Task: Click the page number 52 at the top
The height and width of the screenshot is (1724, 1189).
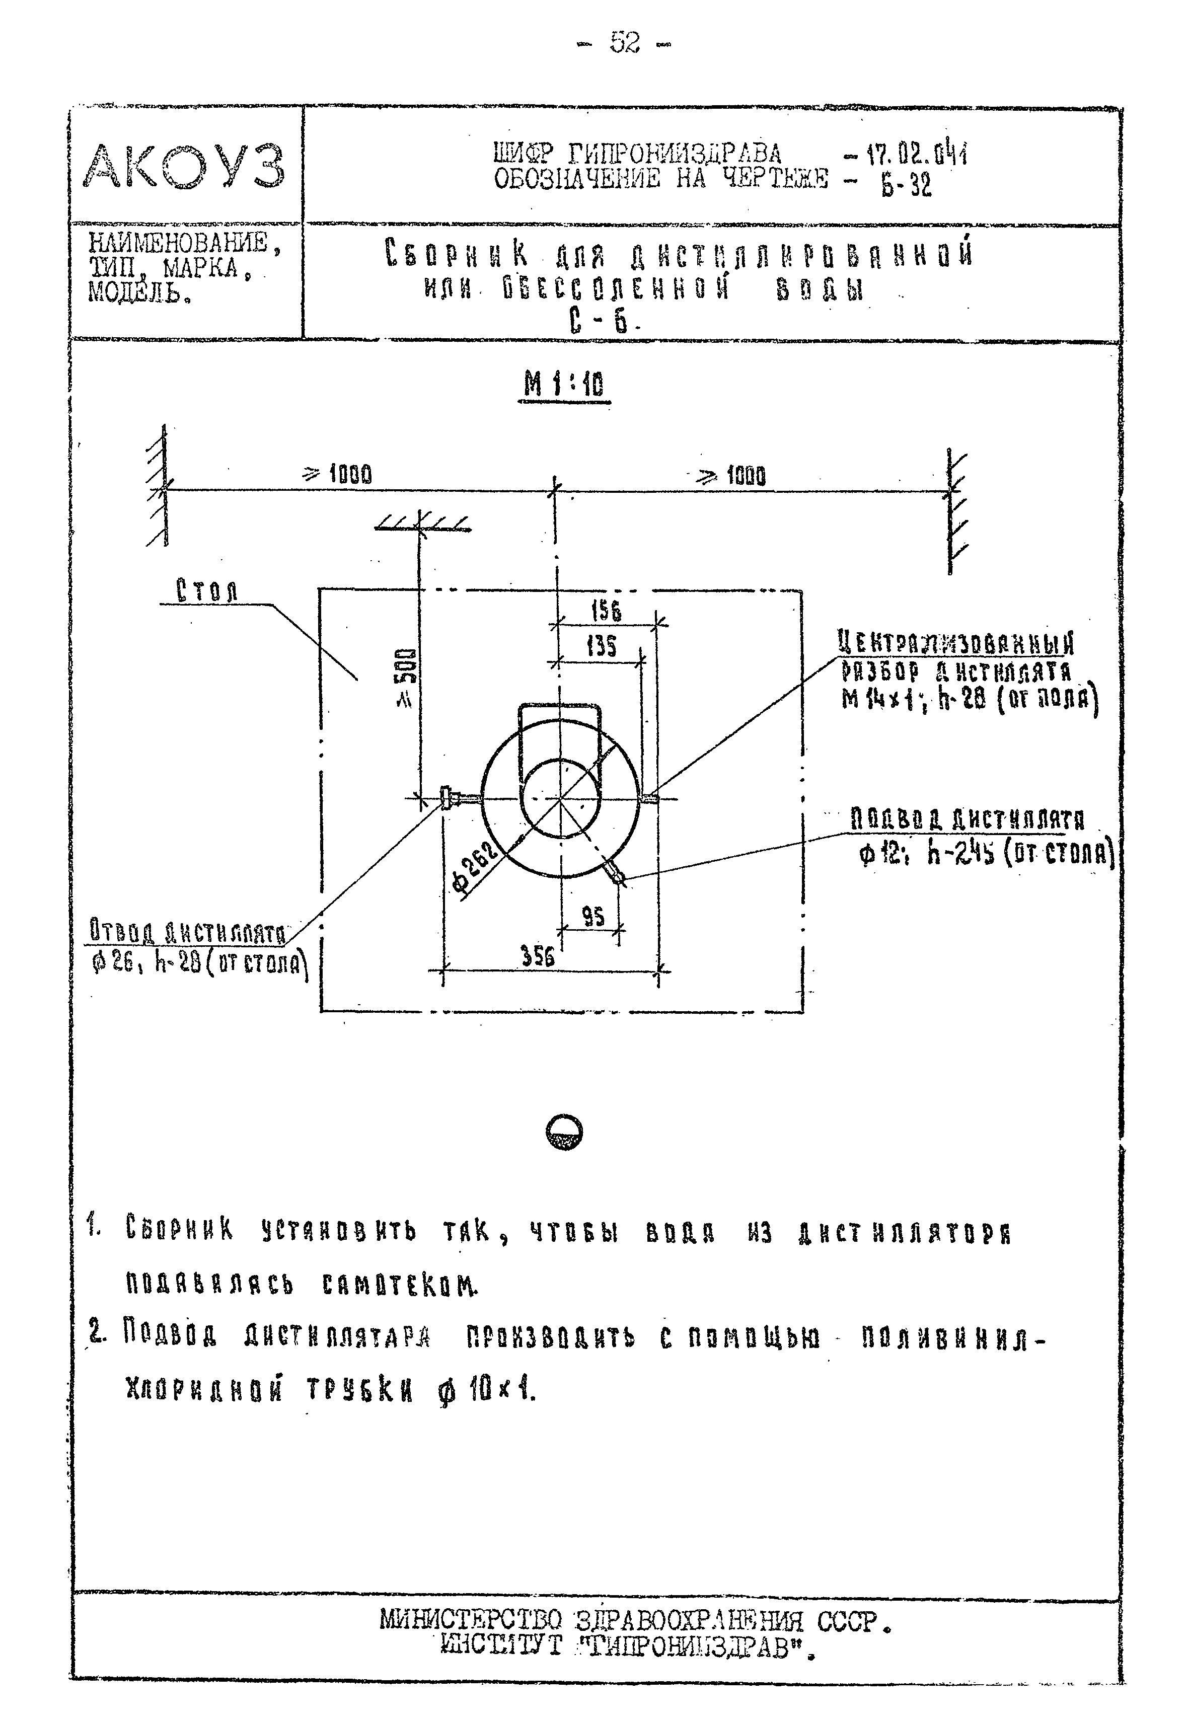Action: click(624, 43)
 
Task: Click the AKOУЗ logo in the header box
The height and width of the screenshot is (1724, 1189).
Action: click(184, 166)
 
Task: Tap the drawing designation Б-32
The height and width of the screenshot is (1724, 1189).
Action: click(907, 185)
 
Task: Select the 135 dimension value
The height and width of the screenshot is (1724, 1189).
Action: click(601, 646)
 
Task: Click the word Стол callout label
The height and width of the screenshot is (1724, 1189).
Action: click(206, 591)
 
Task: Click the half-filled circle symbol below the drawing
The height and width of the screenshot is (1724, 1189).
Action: click(564, 1133)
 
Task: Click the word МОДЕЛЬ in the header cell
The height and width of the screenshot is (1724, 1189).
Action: click(138, 293)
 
